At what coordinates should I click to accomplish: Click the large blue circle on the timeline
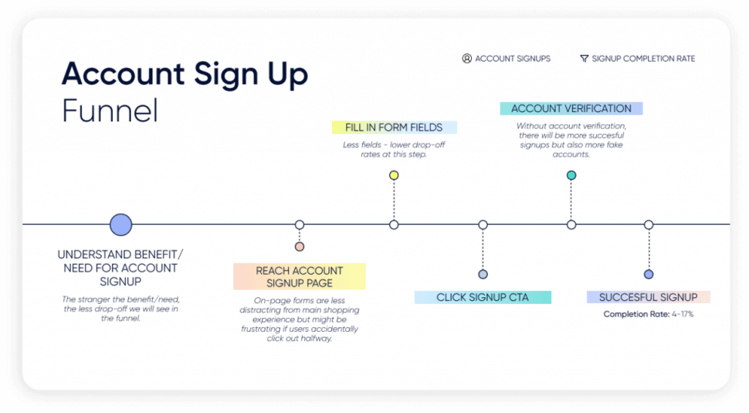[120, 225]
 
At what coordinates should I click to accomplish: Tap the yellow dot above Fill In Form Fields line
[394, 176]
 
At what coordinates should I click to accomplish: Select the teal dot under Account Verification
[571, 176]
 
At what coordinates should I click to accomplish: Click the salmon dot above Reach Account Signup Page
[300, 247]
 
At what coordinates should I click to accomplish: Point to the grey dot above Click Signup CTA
[483, 275]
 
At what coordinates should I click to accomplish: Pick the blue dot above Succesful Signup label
[649, 275]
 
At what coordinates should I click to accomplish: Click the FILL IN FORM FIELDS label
[394, 128]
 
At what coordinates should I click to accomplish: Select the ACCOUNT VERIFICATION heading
[571, 109]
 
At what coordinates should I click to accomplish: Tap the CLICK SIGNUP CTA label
[483, 297]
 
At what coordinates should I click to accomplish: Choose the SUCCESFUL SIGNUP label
[648, 297]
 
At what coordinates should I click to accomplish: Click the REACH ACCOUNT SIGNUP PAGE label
[300, 276]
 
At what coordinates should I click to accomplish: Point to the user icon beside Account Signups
[467, 59]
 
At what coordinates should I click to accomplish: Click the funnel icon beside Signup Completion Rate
[584, 59]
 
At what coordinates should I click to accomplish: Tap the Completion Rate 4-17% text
[648, 314]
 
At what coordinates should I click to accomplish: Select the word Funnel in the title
[110, 111]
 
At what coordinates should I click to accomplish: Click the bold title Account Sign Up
[185, 74]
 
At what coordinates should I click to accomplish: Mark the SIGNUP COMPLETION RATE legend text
[643, 59]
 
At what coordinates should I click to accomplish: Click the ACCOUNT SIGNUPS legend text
[513, 59]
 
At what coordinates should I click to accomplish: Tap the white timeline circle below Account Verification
[571, 225]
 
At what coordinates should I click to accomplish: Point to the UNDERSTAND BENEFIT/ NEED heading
[120, 268]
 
